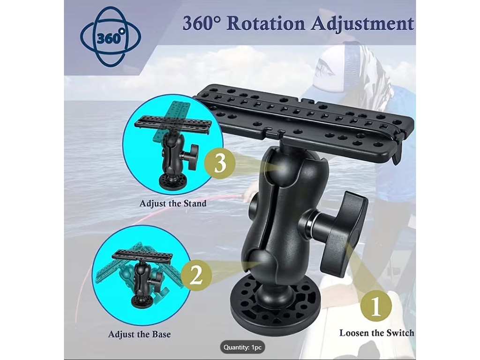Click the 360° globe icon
pos(110,37)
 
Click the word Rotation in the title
pos(266,23)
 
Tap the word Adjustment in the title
pos(363,23)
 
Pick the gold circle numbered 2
pos(196,274)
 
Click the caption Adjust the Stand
pos(172,203)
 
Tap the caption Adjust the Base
pos(139,334)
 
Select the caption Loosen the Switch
pos(376,333)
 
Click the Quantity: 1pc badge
pos(242,347)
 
